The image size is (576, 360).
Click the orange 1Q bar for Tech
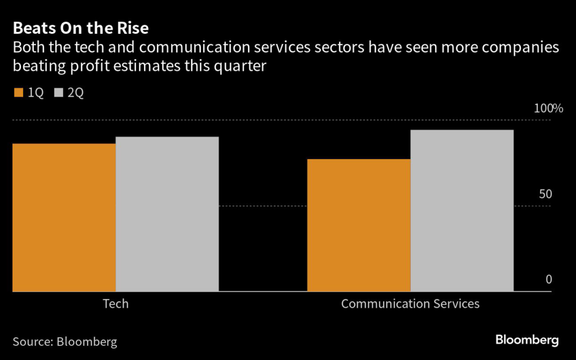tap(64, 217)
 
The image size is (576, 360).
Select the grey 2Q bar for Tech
tap(167, 214)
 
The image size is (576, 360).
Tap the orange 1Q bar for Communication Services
tap(359, 225)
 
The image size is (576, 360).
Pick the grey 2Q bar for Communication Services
tap(462, 210)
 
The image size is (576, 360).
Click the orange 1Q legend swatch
tap(17, 93)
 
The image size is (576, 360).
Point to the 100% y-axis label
tap(548, 108)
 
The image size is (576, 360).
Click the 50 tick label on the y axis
tap(546, 194)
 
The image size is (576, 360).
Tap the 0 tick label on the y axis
tap(548, 280)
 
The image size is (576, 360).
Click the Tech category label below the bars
tap(115, 304)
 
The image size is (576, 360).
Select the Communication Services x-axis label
tap(410, 304)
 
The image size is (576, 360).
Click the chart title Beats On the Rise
tap(81, 29)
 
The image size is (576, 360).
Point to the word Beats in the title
tap(33, 29)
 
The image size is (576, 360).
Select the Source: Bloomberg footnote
tap(65, 341)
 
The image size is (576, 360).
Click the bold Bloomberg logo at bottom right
tap(526, 340)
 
